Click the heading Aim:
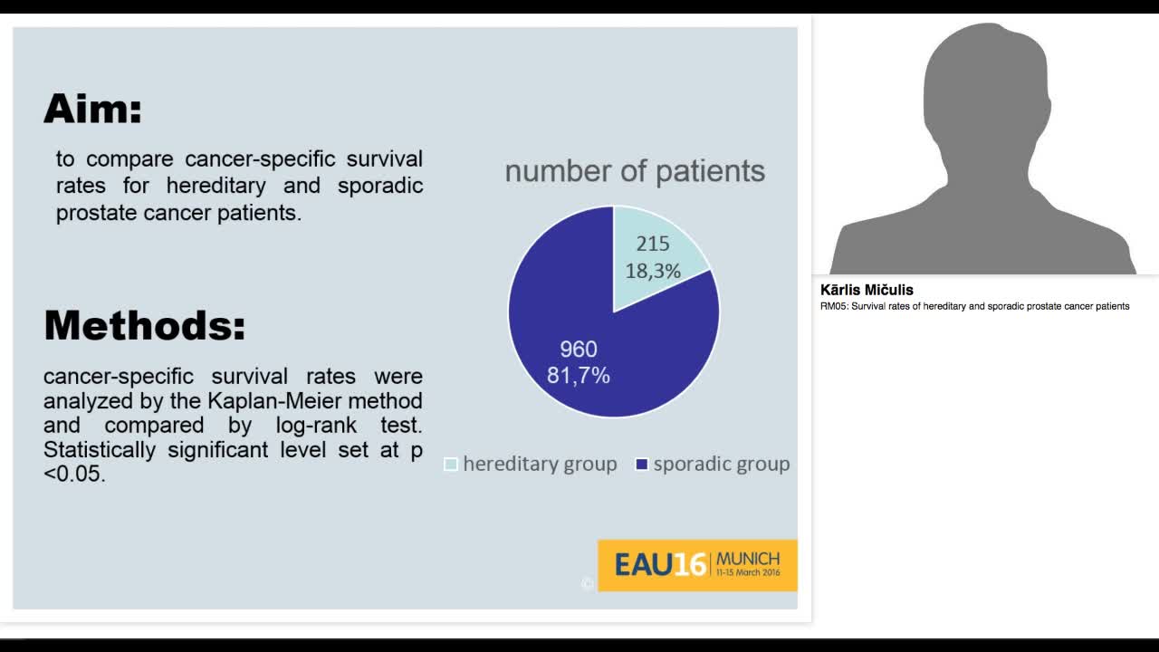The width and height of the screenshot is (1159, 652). tap(92, 109)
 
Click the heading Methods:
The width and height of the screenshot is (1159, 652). tap(145, 325)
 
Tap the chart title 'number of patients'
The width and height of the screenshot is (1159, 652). tap(634, 170)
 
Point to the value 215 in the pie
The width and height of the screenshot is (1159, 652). tap(652, 244)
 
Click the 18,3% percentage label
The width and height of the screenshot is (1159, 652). tap(652, 270)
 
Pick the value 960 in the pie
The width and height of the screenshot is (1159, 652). tap(578, 349)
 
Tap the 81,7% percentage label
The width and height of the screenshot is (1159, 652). tap(578, 375)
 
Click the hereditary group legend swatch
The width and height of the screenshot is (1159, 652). tap(451, 465)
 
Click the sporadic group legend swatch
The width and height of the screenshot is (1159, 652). tap(641, 465)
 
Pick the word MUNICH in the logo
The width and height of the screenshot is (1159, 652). tap(747, 559)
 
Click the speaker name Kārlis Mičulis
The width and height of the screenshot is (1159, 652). tap(867, 290)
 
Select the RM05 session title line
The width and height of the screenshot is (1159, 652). tap(974, 306)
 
